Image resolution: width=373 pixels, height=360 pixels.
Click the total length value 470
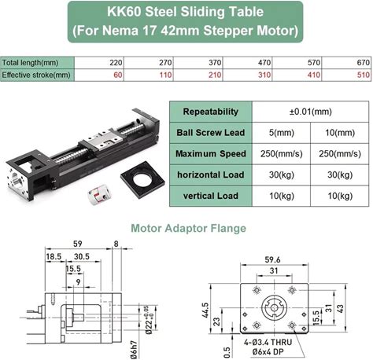click(264, 63)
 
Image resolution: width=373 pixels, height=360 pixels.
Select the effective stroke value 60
click(118, 75)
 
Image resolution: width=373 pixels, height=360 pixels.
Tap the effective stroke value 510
click(364, 75)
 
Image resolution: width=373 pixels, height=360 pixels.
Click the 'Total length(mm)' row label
click(30, 63)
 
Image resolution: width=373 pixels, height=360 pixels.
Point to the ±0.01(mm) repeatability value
click(311, 112)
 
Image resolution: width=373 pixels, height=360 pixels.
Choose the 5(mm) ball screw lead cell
click(281, 133)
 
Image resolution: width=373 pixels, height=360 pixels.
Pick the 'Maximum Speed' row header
click(211, 154)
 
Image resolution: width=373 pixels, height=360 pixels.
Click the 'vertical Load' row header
click(211, 196)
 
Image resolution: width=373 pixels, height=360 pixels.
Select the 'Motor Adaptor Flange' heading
click(188, 228)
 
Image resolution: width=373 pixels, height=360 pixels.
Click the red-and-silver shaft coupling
click(99, 193)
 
